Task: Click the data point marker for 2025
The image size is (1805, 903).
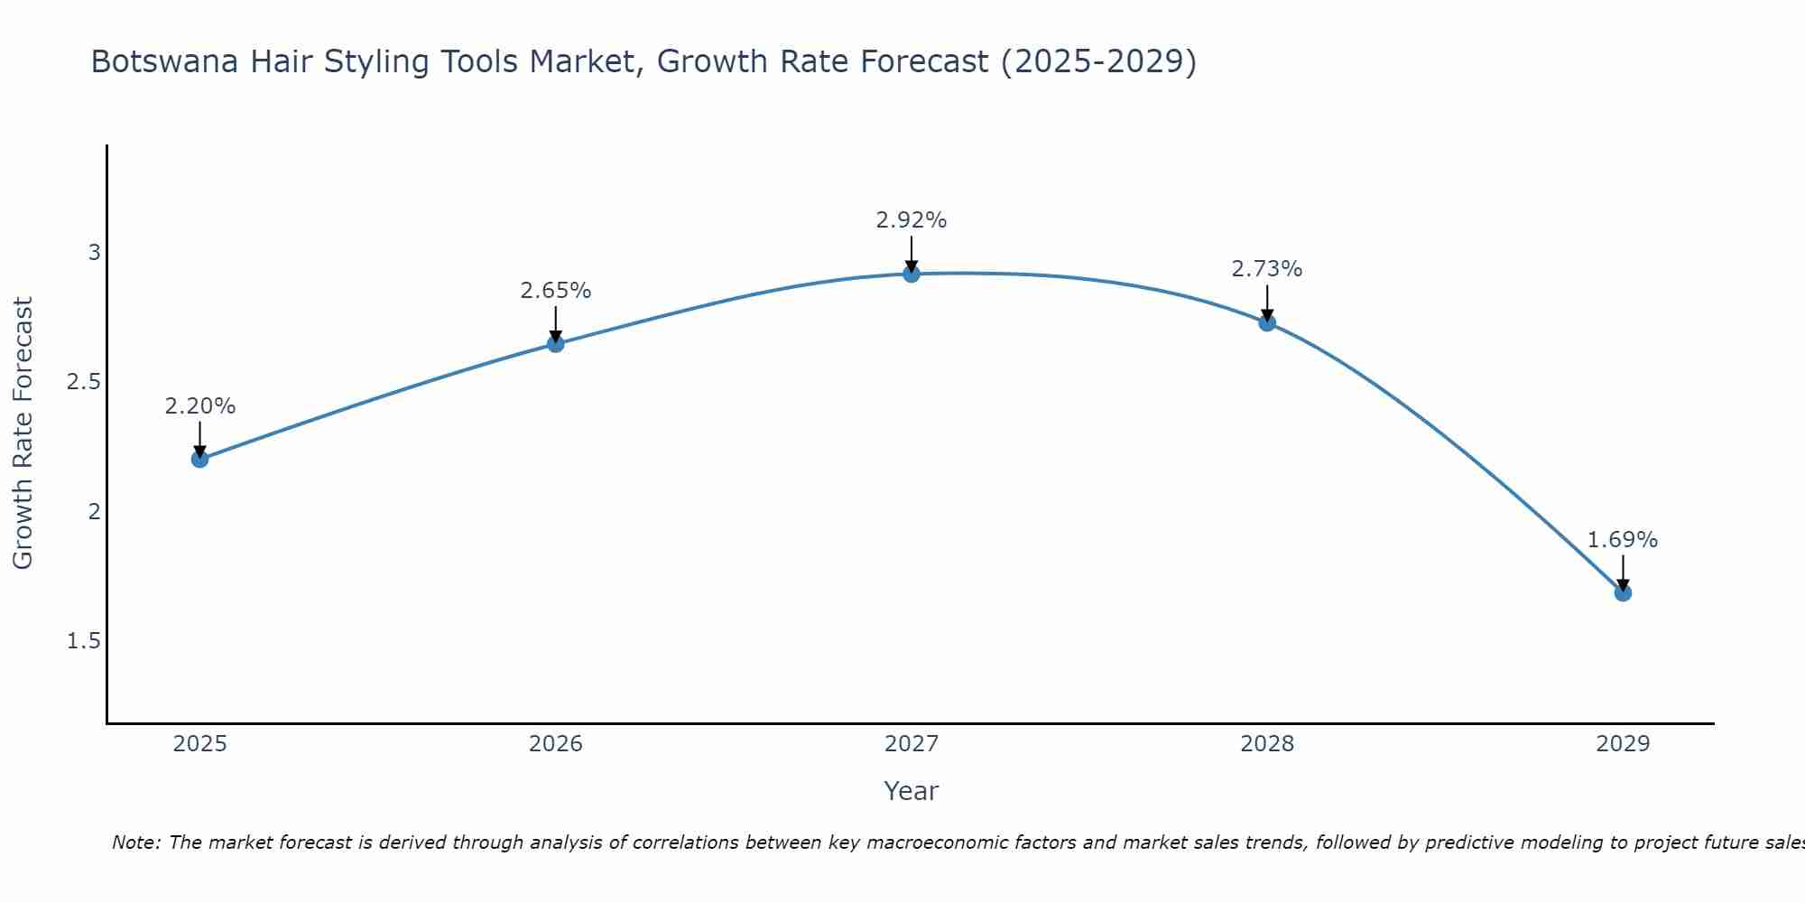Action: click(200, 459)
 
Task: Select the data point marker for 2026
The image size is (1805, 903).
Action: click(556, 343)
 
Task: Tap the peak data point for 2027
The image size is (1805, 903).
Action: click(912, 274)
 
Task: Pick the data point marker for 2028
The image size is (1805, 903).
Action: click(1267, 322)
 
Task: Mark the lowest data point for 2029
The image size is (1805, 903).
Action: click(1623, 592)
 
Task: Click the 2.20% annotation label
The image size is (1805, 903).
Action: click(200, 406)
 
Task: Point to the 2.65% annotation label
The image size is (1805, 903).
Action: click(556, 291)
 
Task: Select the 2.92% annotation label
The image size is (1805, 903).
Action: click(912, 220)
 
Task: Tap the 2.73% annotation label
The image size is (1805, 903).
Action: click(1267, 269)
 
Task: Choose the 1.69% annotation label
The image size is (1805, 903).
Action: click(1623, 540)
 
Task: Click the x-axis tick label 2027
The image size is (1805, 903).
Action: click(912, 744)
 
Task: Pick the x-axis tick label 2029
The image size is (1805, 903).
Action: click(1623, 744)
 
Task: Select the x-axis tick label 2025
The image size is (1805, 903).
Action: click(200, 744)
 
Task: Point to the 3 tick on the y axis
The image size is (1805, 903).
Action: click(94, 253)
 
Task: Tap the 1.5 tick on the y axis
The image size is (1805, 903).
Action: click(84, 641)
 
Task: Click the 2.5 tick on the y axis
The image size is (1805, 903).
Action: click(84, 382)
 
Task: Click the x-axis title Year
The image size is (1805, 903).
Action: click(912, 791)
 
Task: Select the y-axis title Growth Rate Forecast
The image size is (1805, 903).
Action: click(23, 433)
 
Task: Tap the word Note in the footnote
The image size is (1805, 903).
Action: click(135, 842)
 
